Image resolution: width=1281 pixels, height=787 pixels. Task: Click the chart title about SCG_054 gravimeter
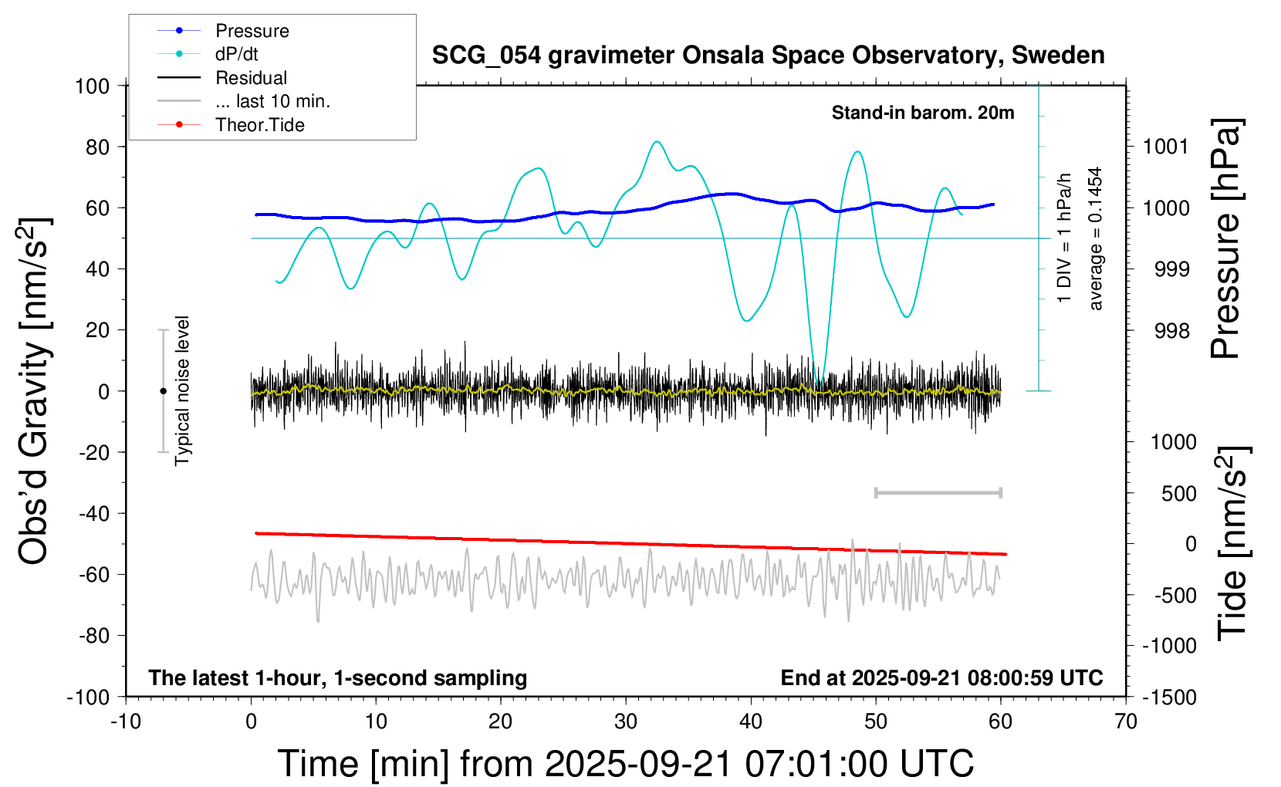point(768,56)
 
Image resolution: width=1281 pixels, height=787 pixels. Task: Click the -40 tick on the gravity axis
point(93,513)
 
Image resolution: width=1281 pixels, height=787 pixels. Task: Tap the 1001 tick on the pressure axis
point(1166,147)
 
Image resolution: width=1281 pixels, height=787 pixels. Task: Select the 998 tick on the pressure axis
point(1171,331)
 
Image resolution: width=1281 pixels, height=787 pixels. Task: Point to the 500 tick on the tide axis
point(1178,493)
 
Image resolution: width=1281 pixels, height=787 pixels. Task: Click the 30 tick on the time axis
point(626,722)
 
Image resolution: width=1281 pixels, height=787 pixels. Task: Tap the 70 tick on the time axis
point(1126,722)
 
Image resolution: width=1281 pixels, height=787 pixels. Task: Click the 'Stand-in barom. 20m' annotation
point(923,113)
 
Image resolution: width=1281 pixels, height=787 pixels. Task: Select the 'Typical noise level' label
point(182,391)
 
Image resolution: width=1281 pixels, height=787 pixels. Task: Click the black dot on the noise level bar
point(163,391)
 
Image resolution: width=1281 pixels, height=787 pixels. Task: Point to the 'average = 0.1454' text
point(1096,239)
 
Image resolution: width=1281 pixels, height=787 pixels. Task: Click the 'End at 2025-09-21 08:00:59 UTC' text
point(941,678)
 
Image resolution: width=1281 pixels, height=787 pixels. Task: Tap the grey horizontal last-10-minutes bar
point(938,492)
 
